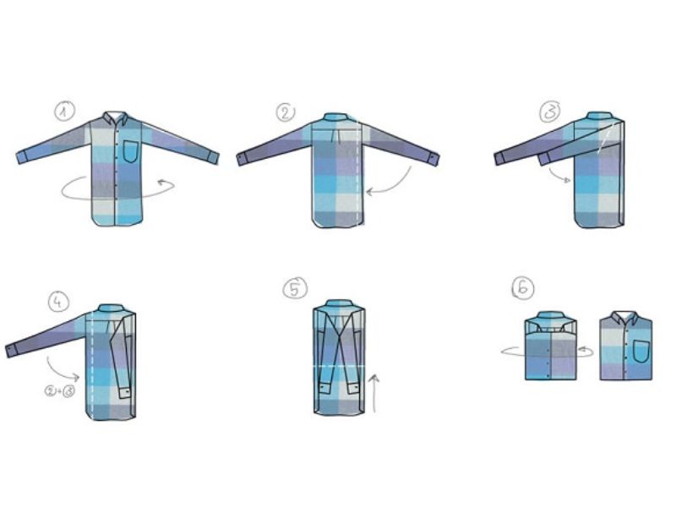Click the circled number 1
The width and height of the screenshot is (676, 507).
[x=64, y=111]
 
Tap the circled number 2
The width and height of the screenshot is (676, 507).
[x=285, y=113]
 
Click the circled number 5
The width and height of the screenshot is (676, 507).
[x=292, y=290]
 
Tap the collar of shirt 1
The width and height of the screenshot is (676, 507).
[x=115, y=118]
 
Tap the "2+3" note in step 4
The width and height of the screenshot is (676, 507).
[x=61, y=391]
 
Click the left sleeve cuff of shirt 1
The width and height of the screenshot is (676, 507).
[x=25, y=156]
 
